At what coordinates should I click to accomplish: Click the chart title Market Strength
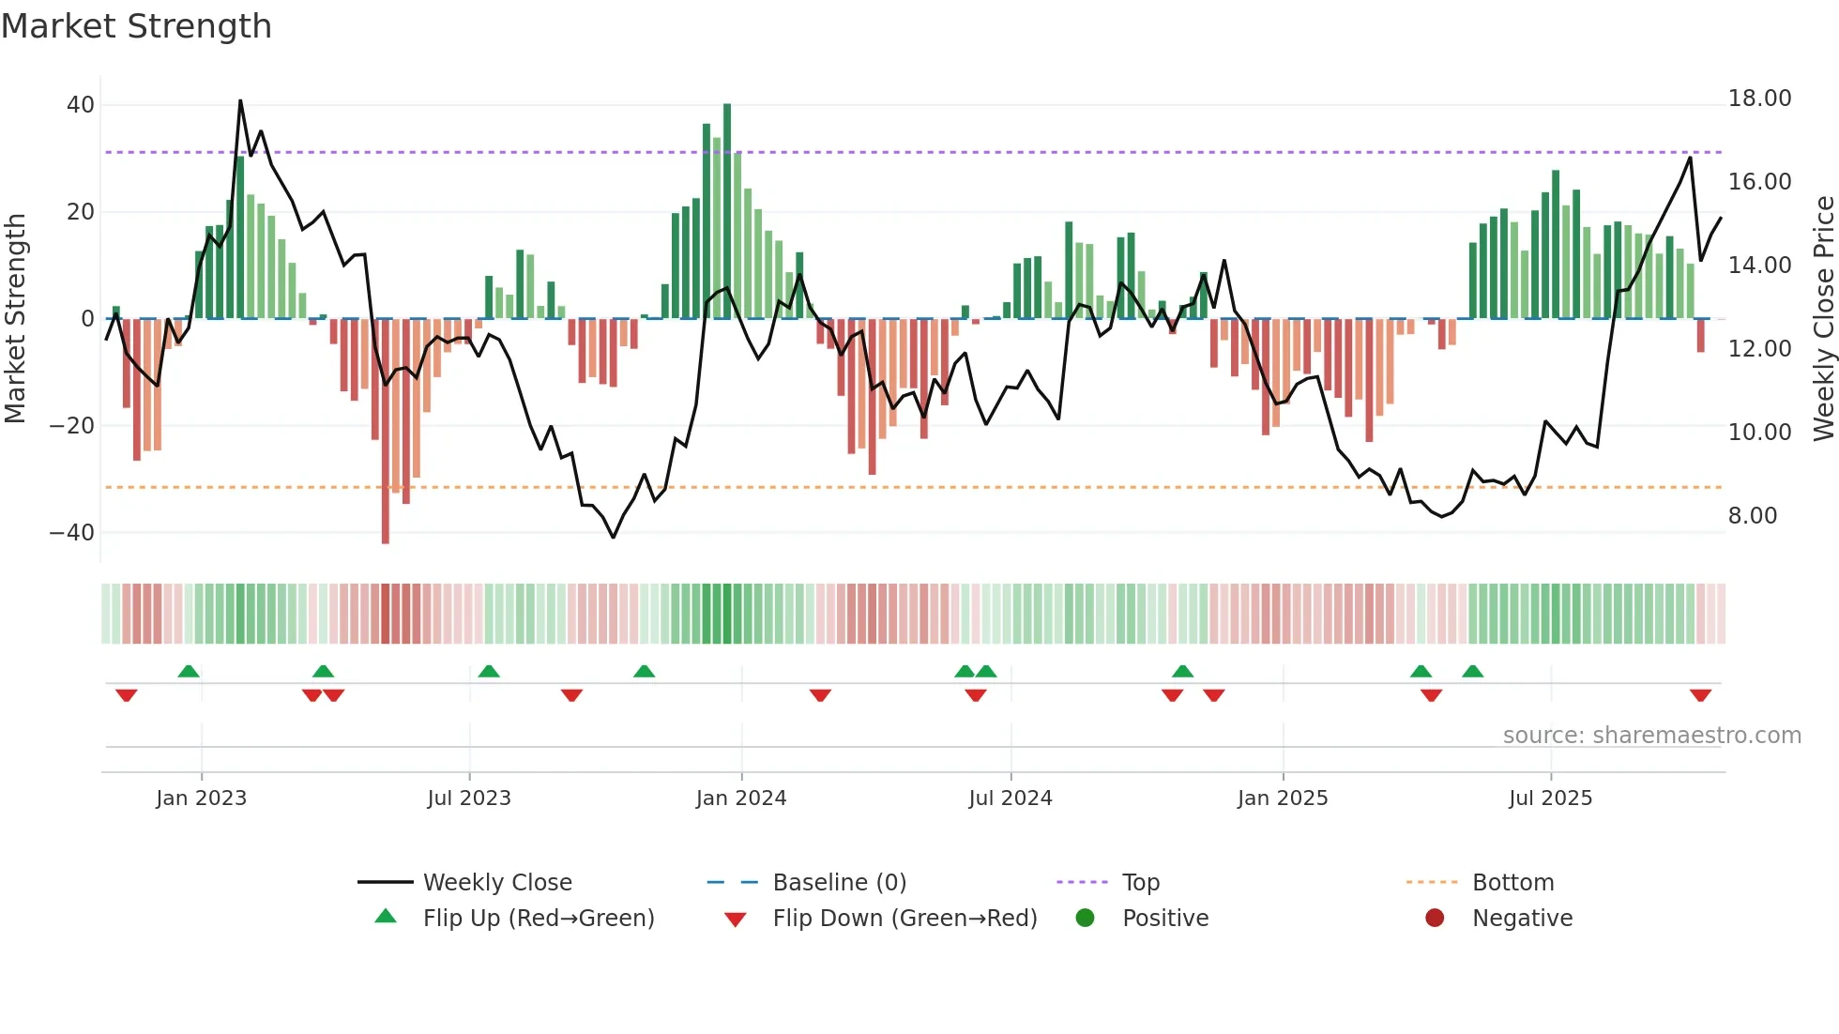(x=137, y=26)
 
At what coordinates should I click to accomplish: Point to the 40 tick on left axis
(x=81, y=105)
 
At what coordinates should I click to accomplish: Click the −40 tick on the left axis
(x=73, y=533)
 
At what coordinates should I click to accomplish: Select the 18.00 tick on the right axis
(x=1759, y=99)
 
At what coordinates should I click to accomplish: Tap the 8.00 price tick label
(x=1752, y=516)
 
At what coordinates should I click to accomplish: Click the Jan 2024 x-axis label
(x=740, y=798)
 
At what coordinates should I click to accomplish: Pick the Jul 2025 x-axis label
(x=1550, y=798)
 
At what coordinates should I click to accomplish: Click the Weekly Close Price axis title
(x=1823, y=319)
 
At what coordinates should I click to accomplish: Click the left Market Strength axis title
(x=15, y=319)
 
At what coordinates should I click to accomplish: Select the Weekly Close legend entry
(x=496, y=883)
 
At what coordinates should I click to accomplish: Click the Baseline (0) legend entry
(x=839, y=883)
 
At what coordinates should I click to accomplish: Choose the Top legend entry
(x=1140, y=883)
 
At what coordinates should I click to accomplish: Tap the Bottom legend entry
(x=1512, y=883)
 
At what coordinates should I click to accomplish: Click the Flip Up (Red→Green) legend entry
(x=538, y=919)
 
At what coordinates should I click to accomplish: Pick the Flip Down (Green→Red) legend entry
(x=904, y=919)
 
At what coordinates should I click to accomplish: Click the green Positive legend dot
(x=1085, y=919)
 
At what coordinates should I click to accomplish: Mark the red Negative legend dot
(x=1435, y=919)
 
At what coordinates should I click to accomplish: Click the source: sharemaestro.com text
(x=1651, y=736)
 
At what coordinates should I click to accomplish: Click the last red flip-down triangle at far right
(x=1700, y=695)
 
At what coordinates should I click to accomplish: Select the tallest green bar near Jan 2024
(x=727, y=211)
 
